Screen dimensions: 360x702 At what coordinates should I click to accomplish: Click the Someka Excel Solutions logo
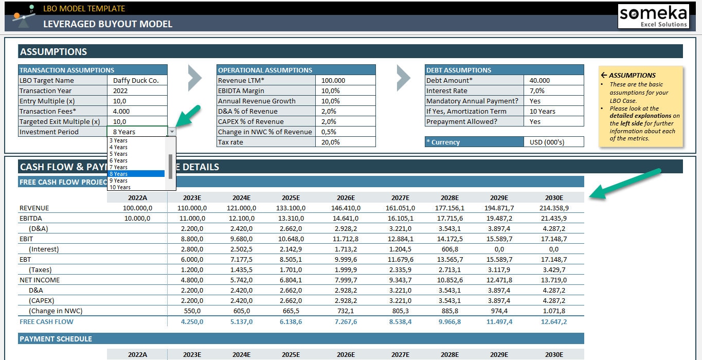pyautogui.click(x=653, y=16)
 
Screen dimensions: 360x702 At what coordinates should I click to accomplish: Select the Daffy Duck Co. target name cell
pyautogui.click(x=137, y=80)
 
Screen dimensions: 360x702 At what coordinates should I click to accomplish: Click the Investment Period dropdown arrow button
pyautogui.click(x=172, y=132)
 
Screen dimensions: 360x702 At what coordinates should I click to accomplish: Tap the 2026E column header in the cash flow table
pyautogui.click(x=346, y=197)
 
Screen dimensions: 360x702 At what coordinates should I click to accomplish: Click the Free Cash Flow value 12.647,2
pyautogui.click(x=554, y=321)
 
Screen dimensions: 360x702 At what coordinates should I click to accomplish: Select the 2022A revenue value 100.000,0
pyautogui.click(x=137, y=208)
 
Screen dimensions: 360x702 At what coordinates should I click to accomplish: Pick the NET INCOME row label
pyautogui.click(x=40, y=280)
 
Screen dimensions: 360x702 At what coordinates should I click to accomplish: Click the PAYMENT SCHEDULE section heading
pyautogui.click(x=56, y=339)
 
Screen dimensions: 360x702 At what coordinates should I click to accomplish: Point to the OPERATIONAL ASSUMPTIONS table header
pyautogui.click(x=265, y=70)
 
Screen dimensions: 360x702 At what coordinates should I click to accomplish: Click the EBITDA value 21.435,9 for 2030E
pyautogui.click(x=554, y=218)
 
